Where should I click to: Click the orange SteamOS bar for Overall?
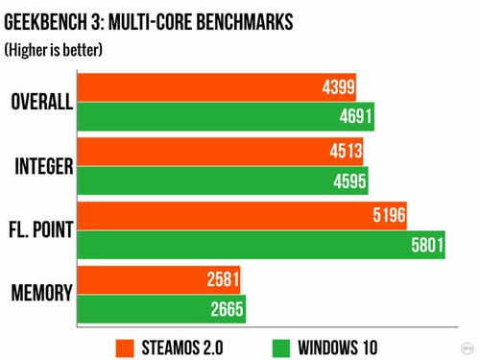[x=216, y=89]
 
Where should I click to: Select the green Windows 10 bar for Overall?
[x=225, y=118]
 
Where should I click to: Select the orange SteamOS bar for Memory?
[x=158, y=280]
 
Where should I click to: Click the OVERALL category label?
[x=41, y=104]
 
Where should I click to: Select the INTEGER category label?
[x=44, y=167]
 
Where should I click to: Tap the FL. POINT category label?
[x=41, y=230]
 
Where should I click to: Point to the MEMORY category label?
[x=41, y=294]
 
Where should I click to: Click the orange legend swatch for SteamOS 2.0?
[x=125, y=346]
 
